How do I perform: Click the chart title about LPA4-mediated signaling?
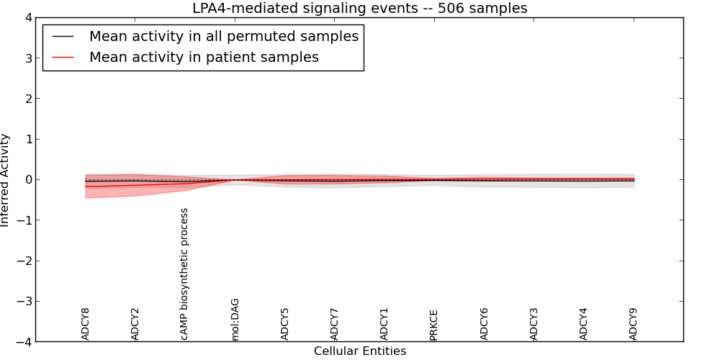click(359, 8)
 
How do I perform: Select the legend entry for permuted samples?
click(223, 36)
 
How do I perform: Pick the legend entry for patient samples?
click(204, 57)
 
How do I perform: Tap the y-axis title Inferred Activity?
click(6, 180)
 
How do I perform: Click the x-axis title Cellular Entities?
click(359, 351)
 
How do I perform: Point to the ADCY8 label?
click(86, 324)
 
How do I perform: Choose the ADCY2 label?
click(135, 324)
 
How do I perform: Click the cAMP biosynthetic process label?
click(185, 274)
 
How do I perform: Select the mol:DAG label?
click(235, 319)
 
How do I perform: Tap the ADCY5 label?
click(285, 324)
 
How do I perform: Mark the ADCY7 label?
click(335, 324)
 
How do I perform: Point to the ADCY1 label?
click(384, 324)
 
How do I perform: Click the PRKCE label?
click(434, 325)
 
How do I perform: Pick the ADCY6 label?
click(485, 324)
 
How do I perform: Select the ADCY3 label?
click(534, 324)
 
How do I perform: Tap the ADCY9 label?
click(634, 324)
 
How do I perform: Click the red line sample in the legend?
click(63, 57)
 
